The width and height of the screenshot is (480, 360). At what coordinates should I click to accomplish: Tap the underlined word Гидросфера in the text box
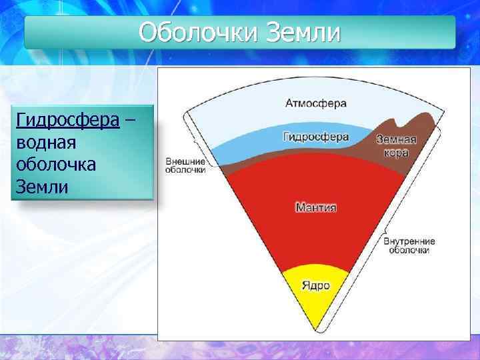(67, 121)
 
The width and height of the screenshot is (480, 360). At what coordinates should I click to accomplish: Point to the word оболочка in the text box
(55, 164)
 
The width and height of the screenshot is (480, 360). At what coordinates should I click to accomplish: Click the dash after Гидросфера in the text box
(129, 121)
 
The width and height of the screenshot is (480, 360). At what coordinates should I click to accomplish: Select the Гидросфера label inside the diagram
(316, 137)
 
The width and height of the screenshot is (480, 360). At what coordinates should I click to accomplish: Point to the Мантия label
(316, 207)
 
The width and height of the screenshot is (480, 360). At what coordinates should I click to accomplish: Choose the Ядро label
(316, 285)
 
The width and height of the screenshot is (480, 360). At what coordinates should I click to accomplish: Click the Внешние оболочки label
(185, 165)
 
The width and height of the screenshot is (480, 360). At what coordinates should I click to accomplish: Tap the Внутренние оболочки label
(409, 245)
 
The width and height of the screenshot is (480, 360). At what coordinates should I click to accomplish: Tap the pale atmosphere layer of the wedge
(253, 113)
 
